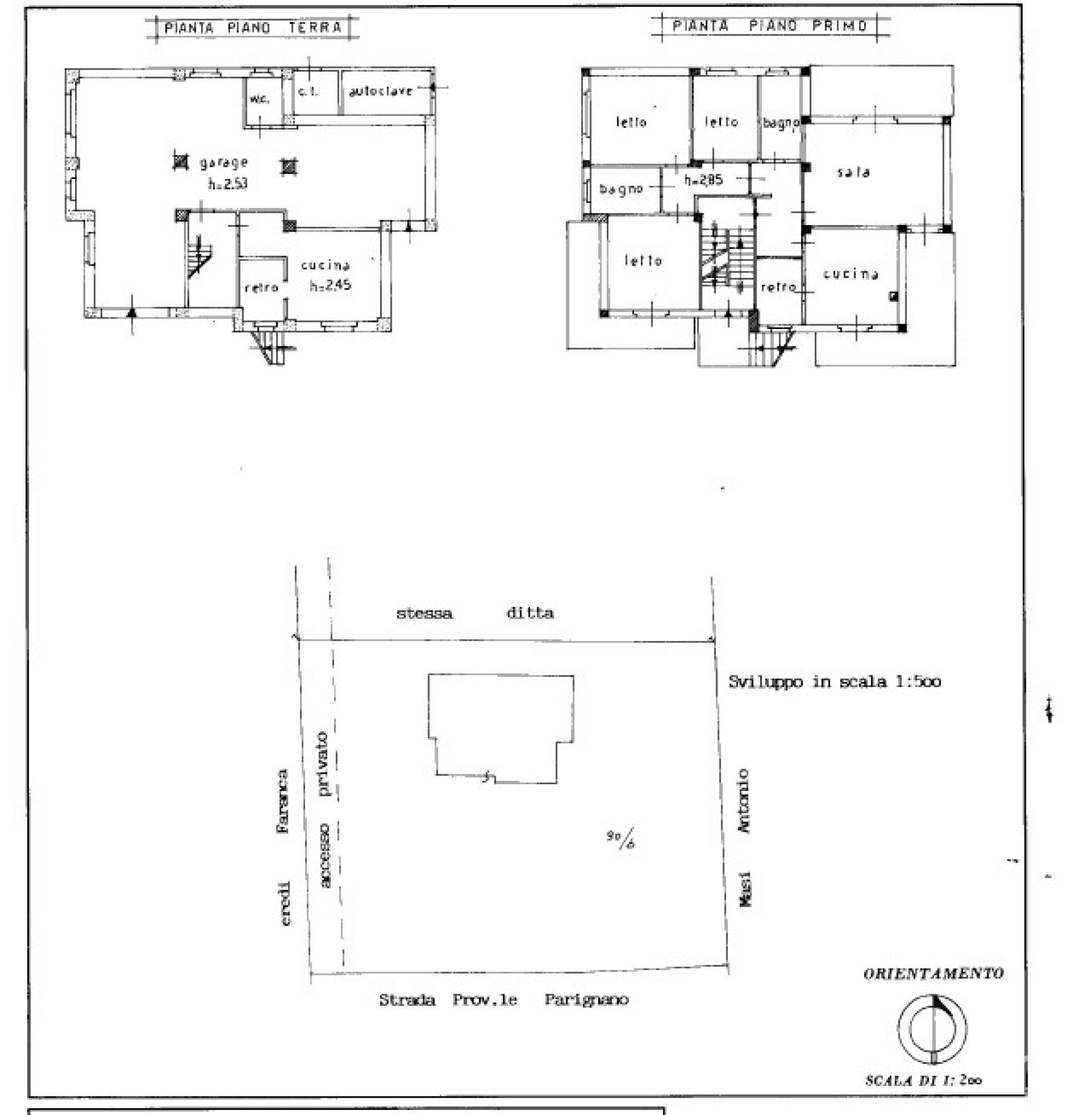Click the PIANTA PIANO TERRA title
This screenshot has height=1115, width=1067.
252,28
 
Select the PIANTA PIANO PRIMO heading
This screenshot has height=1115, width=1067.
770,26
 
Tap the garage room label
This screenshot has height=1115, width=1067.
223,163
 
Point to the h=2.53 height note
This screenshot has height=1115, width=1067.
227,184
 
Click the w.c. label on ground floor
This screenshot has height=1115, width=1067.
260,99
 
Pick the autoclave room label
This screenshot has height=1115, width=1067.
381,91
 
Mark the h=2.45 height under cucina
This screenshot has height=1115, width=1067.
330,286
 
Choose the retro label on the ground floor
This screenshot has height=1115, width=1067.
261,288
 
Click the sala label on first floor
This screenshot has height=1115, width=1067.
853,172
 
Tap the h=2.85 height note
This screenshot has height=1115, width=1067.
703,180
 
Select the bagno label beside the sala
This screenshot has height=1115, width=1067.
780,123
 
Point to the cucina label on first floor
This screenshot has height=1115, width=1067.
851,274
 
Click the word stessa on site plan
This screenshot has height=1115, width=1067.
424,613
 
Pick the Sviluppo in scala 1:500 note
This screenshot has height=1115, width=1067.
834,681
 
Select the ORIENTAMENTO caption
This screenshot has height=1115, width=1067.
933,974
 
